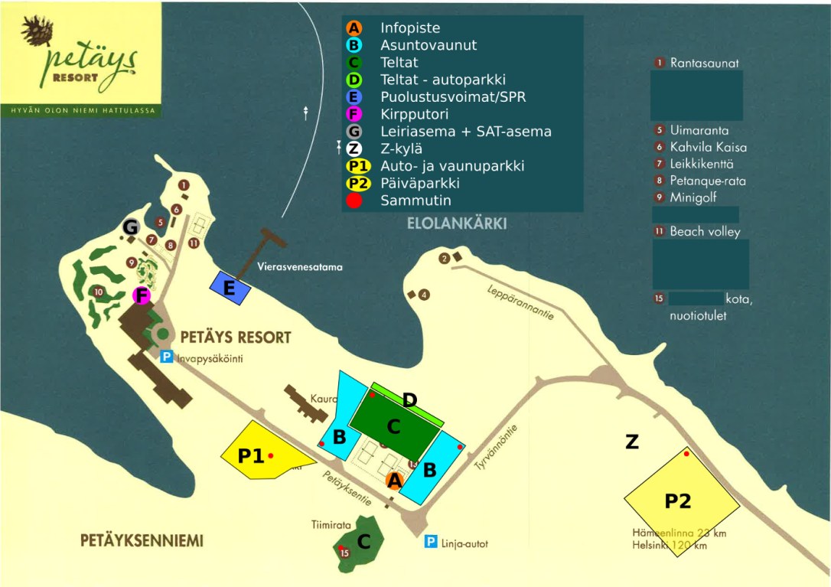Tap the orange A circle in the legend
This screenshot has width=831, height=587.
coord(354,28)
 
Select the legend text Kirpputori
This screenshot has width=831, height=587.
coord(414,115)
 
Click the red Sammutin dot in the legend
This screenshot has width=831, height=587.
coord(354,201)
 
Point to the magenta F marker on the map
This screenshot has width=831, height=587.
coord(141,295)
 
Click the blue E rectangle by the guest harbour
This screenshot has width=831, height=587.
coord(230,287)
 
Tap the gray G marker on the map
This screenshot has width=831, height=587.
coord(131,227)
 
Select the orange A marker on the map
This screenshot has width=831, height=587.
coord(394,481)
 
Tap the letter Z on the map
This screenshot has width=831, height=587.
coord(631,442)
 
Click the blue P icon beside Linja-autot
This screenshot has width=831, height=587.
coord(432,543)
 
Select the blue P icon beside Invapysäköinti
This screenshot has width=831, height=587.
coord(166,357)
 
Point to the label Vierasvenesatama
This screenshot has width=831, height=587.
coord(300,268)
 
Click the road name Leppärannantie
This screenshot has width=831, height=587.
coord(520,303)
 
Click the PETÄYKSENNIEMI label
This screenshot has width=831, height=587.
coord(142,541)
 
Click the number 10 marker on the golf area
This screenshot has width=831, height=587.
coord(98,292)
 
